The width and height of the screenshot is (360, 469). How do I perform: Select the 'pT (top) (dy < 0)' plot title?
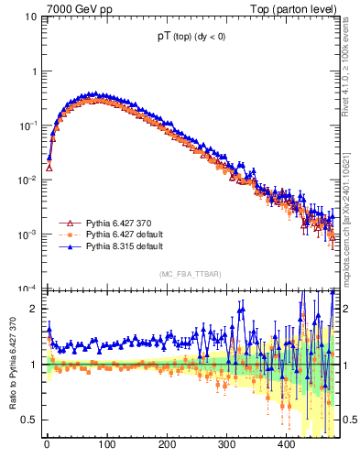click(192, 38)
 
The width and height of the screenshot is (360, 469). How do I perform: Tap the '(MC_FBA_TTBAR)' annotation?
click(192, 275)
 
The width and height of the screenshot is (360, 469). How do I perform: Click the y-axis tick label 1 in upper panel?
click(34, 71)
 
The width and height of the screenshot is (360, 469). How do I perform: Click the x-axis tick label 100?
click(106, 445)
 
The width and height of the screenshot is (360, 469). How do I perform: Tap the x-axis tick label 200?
click(167, 445)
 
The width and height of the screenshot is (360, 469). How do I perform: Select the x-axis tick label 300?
click(226, 445)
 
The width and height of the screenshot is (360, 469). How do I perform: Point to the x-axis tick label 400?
click(287, 445)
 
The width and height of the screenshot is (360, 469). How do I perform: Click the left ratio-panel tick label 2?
click(34, 310)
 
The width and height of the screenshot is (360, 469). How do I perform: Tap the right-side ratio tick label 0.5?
click(350, 420)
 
